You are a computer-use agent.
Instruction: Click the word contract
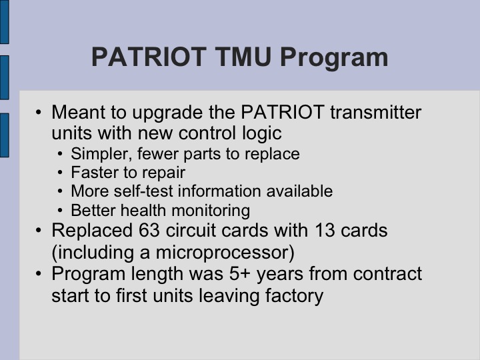(x=387, y=274)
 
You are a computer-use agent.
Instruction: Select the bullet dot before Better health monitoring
(x=61, y=211)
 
